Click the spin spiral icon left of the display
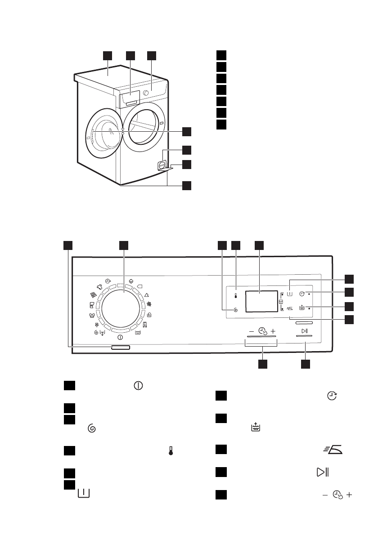(235, 310)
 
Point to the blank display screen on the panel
(261, 301)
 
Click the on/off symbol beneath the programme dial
(120, 337)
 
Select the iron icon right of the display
(289, 309)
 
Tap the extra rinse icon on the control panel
(301, 308)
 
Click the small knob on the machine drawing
(145, 93)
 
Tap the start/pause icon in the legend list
(323, 473)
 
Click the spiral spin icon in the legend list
(92, 429)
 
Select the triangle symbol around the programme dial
(147, 293)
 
